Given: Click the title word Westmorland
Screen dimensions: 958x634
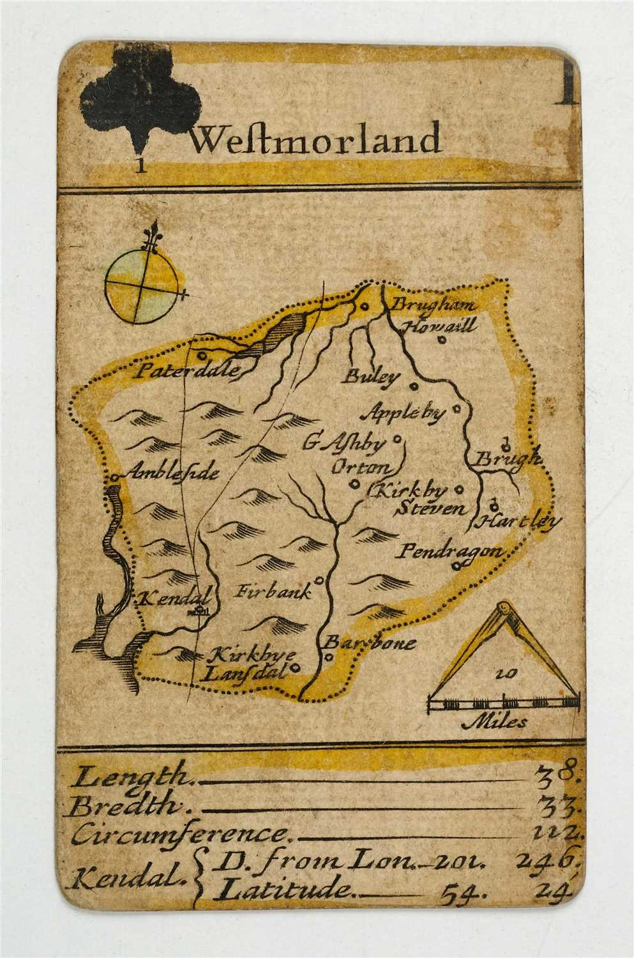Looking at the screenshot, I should click(316, 139).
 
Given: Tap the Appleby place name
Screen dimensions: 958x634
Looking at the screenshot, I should click(403, 414).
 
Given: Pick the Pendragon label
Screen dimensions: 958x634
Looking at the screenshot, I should click(448, 551).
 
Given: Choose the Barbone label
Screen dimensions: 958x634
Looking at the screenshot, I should click(370, 642).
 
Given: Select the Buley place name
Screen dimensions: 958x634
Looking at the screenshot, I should click(370, 376).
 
